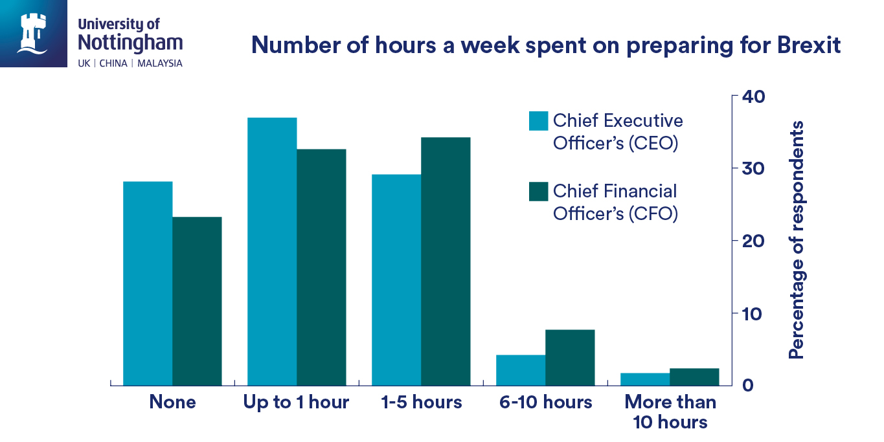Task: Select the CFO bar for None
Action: (197, 301)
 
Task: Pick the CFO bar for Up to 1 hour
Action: (321, 267)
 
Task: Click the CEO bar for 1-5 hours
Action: (396, 280)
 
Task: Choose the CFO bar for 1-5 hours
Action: (446, 261)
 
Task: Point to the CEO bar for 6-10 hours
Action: (521, 370)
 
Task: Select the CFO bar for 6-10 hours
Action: (570, 357)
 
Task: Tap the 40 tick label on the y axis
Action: (753, 96)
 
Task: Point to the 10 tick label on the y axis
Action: (753, 313)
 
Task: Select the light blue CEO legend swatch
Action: (538, 121)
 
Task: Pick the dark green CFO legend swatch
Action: (538, 192)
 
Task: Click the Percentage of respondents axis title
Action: (796, 239)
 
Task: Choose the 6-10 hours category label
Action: (546, 402)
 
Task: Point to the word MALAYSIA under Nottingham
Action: (160, 63)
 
